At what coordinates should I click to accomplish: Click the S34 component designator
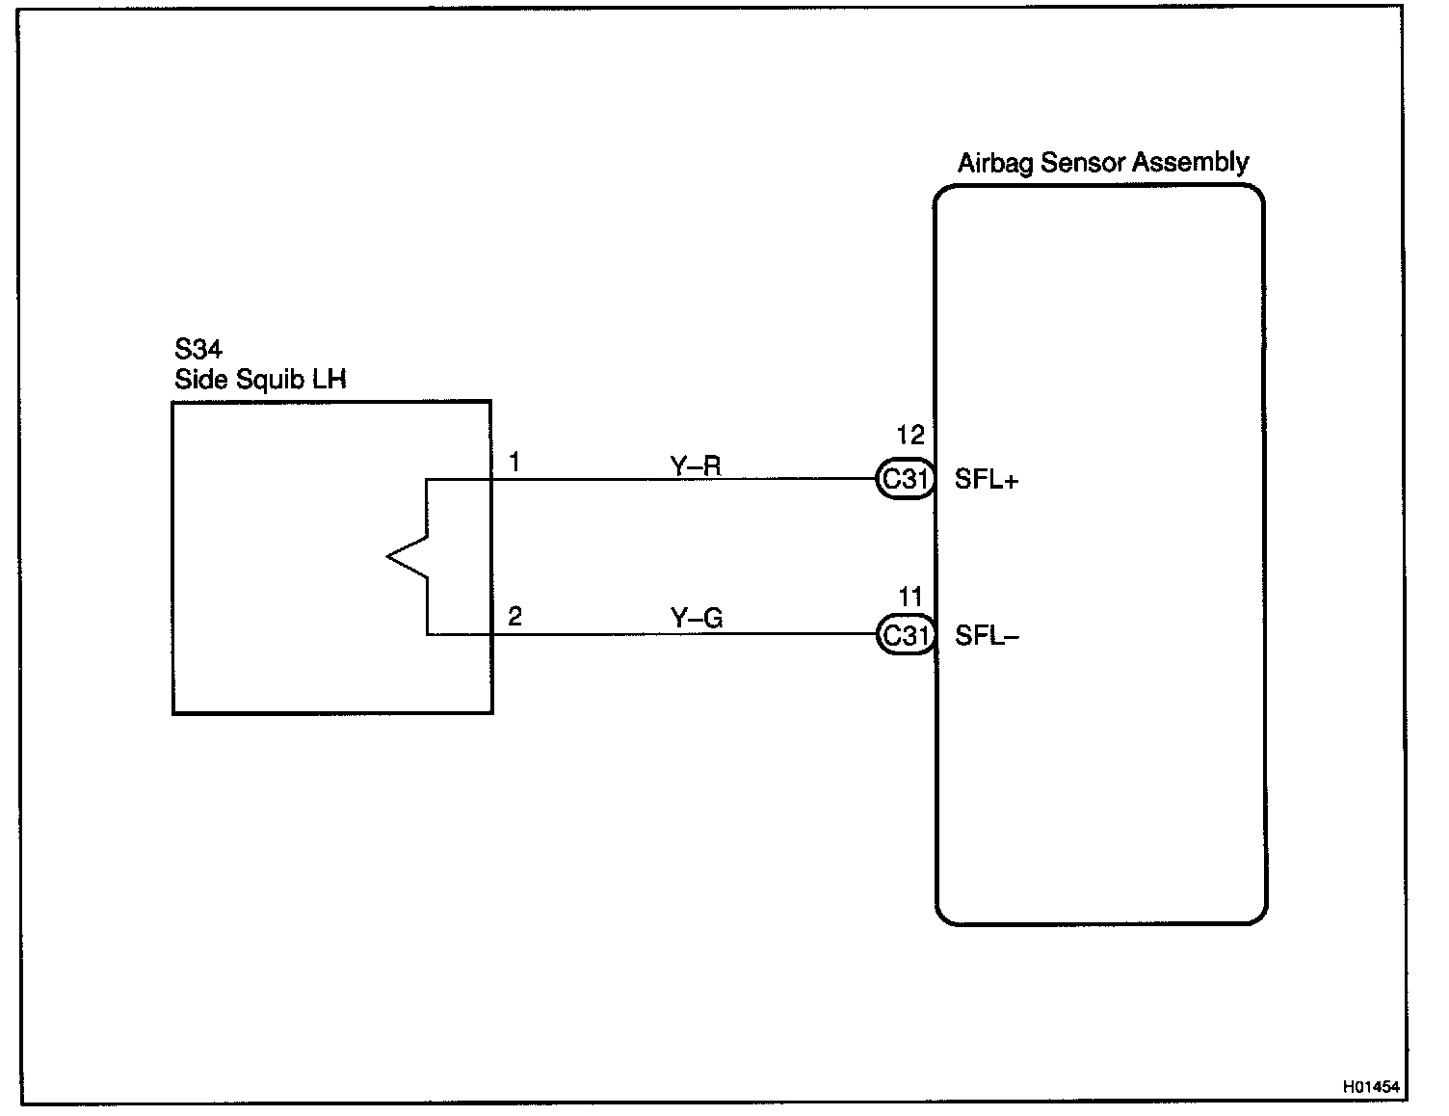[x=198, y=349]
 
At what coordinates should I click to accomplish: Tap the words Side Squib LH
[x=259, y=380]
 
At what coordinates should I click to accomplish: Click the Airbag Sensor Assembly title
[x=1102, y=163]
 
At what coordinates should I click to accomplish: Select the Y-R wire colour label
[x=696, y=466]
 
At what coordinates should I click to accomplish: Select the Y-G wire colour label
[x=697, y=618]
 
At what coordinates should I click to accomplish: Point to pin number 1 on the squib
[x=514, y=464]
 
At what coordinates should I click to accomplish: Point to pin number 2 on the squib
[x=514, y=617]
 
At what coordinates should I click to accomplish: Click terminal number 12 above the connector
[x=909, y=436]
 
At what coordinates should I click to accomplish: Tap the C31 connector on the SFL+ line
[x=905, y=479]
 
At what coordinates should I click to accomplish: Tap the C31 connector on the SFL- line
[x=905, y=635]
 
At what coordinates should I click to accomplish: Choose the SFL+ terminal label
[x=986, y=480]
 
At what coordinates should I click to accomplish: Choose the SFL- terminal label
[x=987, y=636]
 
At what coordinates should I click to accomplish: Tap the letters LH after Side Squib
[x=328, y=380]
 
